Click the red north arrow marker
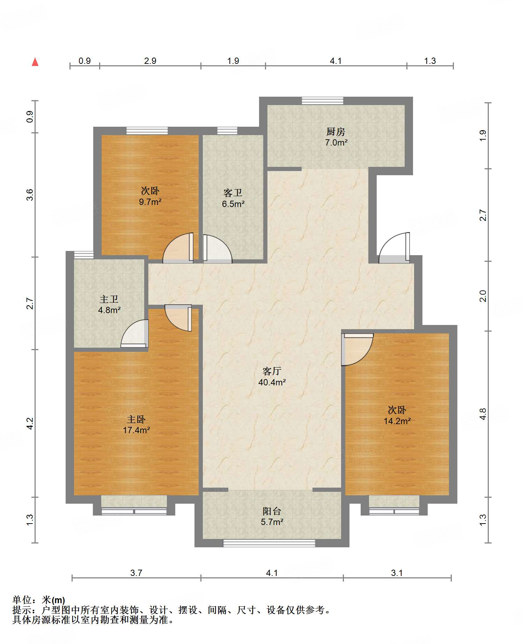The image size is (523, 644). point(35,62)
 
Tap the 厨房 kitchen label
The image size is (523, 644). point(336,132)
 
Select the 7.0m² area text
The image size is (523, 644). point(336,142)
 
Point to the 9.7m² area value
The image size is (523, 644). point(150,202)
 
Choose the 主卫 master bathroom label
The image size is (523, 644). point(109,299)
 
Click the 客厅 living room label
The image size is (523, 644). point(272,371)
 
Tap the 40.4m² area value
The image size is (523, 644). point(272,382)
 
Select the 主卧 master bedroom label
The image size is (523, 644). point(136,419)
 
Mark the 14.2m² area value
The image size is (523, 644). point(397,421)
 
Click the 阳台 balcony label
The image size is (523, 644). point(272,511)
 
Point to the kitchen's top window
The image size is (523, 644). point(323,101)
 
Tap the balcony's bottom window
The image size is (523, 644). point(269,543)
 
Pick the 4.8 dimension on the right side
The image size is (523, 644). point(483,414)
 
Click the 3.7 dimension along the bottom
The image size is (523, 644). point(136,573)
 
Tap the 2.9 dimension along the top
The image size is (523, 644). point(150,61)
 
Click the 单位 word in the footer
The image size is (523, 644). point(22,600)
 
